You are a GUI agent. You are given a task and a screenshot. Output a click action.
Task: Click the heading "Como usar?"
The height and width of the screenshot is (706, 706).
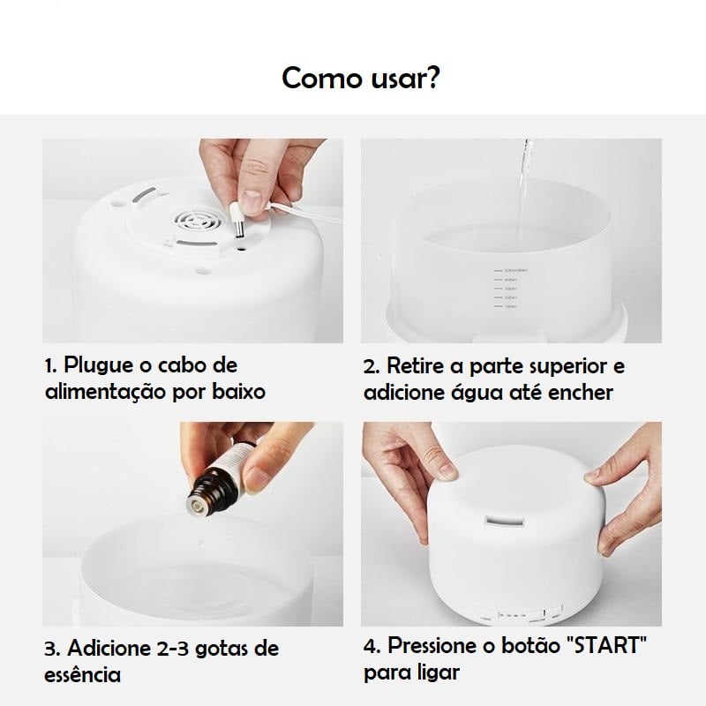pos(361,78)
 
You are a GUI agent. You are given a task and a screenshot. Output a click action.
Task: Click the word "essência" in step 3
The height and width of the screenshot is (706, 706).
pos(82,675)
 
